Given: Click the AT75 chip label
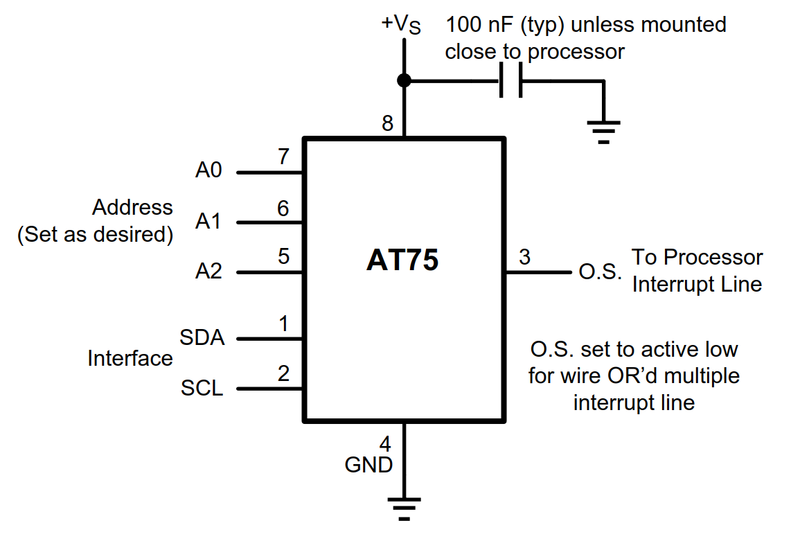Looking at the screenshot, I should tap(402, 261).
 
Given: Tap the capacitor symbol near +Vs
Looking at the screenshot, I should tap(510, 81).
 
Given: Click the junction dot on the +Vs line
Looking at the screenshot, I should tap(404, 81).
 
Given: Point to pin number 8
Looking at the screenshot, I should tap(387, 123).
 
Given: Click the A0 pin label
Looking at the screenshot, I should tap(208, 170).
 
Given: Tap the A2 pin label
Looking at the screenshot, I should tap(208, 271).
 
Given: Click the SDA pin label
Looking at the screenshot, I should tap(202, 338).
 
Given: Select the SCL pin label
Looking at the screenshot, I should tap(202, 388).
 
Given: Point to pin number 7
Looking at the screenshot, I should tap(283, 157).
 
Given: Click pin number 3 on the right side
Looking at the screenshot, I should tap(524, 257).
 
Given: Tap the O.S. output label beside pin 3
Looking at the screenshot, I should tap(600, 272).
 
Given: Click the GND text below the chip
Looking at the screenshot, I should tap(368, 465).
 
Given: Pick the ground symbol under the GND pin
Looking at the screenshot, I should tap(404, 507).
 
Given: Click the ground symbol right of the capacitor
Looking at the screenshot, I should tap(603, 131).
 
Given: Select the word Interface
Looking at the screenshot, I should tap(130, 358).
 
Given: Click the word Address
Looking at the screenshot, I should tap(133, 207).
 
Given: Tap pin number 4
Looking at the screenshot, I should tap(385, 443).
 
